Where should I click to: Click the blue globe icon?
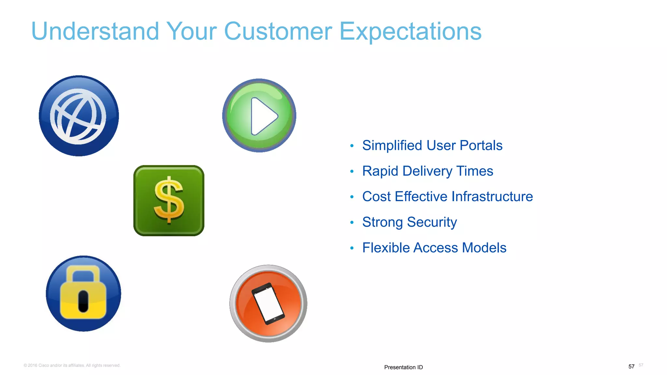(79, 116)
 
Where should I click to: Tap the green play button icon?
(259, 116)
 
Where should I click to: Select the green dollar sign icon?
(169, 201)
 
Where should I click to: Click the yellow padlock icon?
(83, 294)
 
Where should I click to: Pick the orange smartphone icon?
(268, 303)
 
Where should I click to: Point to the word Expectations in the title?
(410, 32)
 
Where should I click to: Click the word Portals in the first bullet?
(481, 146)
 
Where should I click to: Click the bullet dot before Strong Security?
(352, 223)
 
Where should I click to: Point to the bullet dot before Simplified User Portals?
(352, 146)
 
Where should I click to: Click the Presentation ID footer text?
(403, 367)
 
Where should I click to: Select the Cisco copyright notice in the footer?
(72, 365)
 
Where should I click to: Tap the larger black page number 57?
(631, 367)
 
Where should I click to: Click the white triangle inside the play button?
(263, 116)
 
